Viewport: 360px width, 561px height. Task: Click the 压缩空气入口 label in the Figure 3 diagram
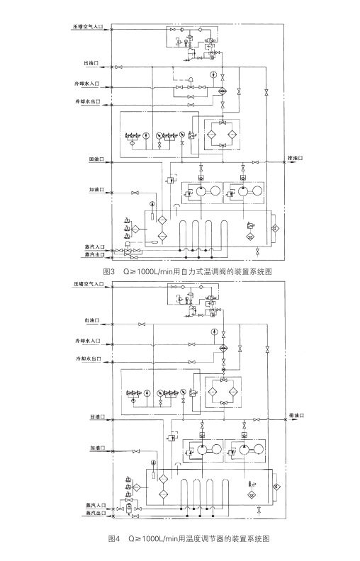(x=87, y=25)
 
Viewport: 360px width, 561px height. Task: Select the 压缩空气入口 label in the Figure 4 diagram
(x=87, y=283)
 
